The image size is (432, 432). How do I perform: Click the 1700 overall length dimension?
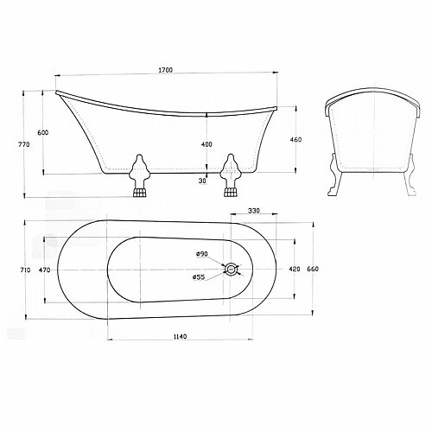[165, 70]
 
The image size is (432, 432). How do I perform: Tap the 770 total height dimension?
[24, 144]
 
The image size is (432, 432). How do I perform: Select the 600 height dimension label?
[43, 132]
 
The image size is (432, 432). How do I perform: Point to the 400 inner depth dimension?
[206, 144]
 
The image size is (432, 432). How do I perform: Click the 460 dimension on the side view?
[295, 140]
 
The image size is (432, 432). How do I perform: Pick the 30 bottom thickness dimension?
[203, 181]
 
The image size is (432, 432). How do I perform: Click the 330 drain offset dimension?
[254, 211]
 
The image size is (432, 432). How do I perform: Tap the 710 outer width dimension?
[25, 270]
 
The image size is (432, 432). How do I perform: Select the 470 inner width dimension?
[44, 270]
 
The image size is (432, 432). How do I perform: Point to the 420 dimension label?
[295, 269]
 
